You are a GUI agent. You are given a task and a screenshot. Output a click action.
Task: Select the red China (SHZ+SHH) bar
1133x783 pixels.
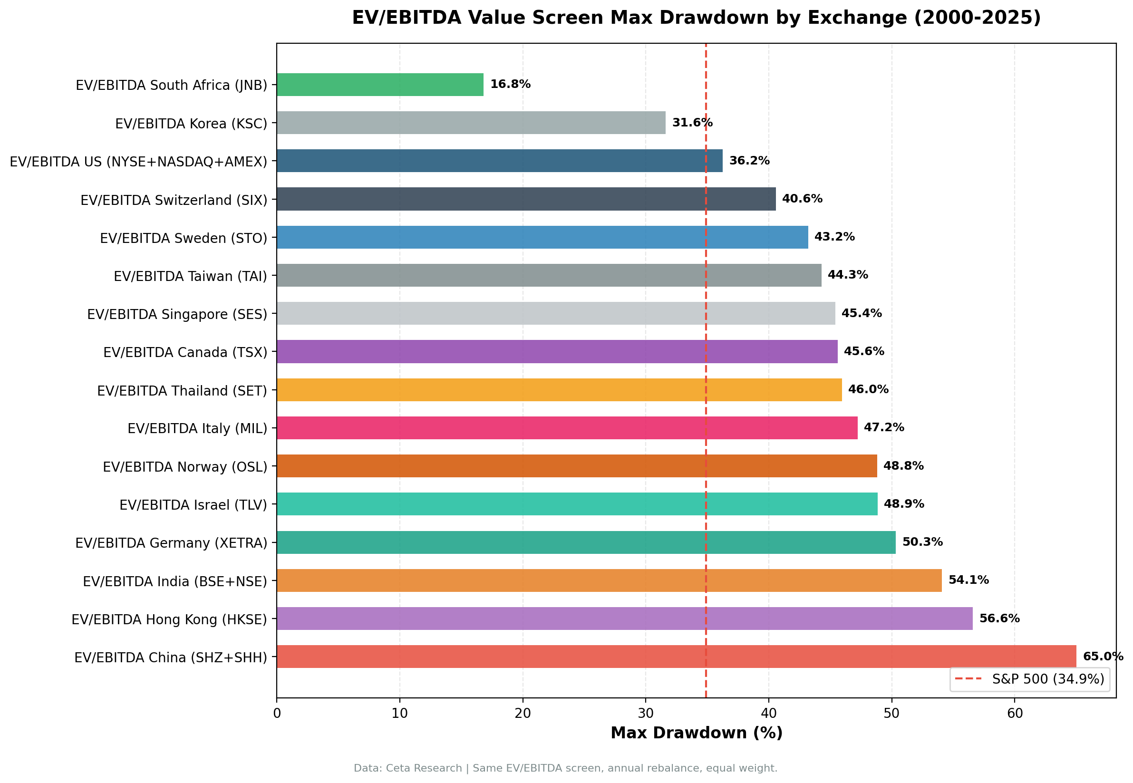pyautogui.click(x=676, y=657)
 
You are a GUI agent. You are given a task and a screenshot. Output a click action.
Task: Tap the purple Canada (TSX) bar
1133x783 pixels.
pyautogui.click(x=557, y=351)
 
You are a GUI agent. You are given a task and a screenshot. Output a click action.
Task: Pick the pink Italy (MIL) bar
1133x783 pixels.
pyautogui.click(x=567, y=428)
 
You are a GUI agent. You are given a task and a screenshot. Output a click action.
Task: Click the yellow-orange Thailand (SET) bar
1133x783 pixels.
pyautogui.click(x=559, y=389)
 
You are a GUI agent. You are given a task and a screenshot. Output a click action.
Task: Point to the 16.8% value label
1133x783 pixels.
pyautogui.click(x=510, y=84)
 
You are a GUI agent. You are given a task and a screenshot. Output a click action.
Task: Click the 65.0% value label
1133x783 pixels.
pyautogui.click(x=1103, y=657)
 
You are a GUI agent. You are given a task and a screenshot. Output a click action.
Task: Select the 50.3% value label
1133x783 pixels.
pyautogui.click(x=922, y=542)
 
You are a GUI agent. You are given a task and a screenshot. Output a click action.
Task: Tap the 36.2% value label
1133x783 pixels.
pyautogui.click(x=749, y=161)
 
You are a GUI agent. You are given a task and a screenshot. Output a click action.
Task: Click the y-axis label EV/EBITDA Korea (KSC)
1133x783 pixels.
pyautogui.click(x=191, y=124)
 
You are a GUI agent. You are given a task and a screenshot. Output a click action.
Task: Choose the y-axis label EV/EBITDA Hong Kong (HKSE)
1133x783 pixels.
pyautogui.click(x=169, y=619)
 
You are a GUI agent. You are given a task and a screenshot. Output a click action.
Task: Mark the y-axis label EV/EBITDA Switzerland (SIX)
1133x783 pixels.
pyautogui.click(x=174, y=200)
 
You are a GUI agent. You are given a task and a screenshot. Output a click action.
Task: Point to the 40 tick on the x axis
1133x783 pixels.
pyautogui.click(x=768, y=713)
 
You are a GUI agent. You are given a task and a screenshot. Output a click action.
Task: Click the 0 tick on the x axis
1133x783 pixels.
pyautogui.click(x=277, y=713)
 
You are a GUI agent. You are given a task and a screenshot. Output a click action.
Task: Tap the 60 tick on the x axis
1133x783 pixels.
pyautogui.click(x=1015, y=713)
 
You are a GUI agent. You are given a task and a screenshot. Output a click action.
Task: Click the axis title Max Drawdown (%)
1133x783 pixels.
pyautogui.click(x=696, y=733)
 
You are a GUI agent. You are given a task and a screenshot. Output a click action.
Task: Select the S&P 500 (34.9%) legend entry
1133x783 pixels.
pyautogui.click(x=1029, y=679)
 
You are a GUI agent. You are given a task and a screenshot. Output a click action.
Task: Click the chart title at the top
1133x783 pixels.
pyautogui.click(x=696, y=18)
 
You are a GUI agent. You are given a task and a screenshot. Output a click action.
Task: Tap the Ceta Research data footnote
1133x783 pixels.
pyautogui.click(x=565, y=768)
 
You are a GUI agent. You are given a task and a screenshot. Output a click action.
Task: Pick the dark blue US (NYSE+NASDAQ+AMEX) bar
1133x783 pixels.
pyautogui.click(x=500, y=161)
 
